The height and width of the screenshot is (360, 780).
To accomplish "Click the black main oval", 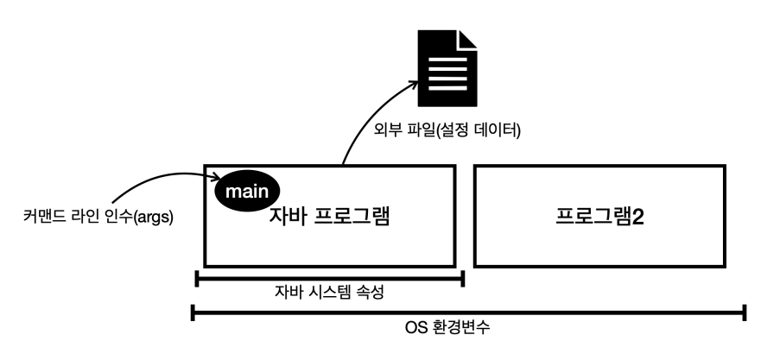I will [249, 189].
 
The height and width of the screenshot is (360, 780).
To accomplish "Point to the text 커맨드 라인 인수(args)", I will [98, 218].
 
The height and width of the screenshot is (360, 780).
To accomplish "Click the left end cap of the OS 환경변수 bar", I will [193, 313].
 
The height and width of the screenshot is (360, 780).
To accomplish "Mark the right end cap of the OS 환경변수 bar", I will [745, 313].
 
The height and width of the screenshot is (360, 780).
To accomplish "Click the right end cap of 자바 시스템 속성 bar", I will [464, 278].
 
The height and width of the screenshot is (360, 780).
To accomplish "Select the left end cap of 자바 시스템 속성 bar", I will [198, 278].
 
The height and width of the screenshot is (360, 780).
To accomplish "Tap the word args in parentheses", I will [155, 218].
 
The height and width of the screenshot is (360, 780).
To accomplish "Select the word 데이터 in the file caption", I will [498, 132].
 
